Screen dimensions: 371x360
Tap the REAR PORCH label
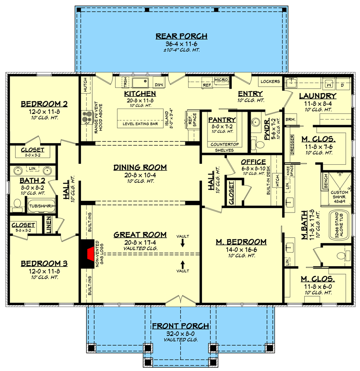181,36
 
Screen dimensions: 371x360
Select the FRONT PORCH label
180,326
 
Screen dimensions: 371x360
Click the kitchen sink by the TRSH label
142,83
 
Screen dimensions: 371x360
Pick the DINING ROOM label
140,167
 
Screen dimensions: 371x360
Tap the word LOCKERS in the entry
270,81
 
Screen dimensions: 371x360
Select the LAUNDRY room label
318,96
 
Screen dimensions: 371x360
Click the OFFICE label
253,162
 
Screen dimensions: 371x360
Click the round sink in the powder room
256,122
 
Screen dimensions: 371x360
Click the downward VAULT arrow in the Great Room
183,243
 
